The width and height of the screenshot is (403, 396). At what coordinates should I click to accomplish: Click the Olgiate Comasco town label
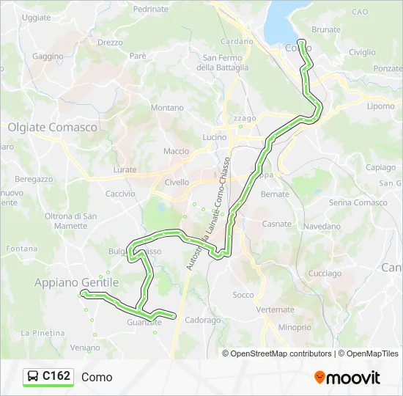53,127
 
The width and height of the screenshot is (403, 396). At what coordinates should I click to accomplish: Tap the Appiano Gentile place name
76,282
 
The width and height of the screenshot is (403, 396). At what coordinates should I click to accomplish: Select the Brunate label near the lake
326,30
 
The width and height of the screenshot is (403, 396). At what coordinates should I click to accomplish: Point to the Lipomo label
380,106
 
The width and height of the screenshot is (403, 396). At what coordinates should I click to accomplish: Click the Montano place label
167,108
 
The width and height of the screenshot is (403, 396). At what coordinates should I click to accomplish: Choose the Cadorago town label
203,320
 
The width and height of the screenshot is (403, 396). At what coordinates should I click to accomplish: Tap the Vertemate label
276,309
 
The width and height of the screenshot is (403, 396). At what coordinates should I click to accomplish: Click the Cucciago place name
325,274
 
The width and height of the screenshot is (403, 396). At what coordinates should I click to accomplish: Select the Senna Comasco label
358,202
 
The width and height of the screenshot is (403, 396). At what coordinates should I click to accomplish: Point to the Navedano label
322,227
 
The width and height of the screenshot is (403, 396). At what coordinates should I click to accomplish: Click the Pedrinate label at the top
151,10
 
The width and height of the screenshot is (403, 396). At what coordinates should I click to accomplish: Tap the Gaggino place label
48,56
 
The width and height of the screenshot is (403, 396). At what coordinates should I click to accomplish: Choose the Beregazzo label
34,178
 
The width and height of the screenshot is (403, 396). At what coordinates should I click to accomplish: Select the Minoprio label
295,327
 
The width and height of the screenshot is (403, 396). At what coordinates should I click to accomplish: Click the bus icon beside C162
33,377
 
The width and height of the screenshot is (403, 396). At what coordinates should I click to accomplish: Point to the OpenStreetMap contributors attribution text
281,353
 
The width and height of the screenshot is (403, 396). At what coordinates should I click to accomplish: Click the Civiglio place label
362,52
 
